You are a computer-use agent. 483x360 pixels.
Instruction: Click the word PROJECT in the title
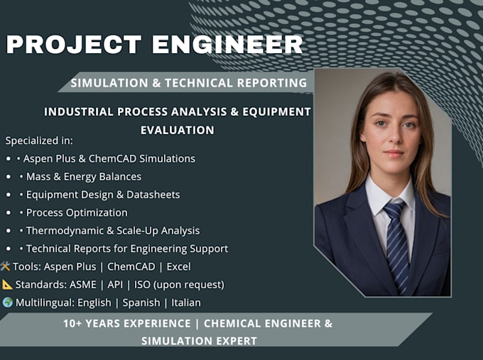74,44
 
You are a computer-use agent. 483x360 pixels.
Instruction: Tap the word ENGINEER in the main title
227,44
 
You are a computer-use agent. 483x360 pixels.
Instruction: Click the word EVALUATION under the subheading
178,130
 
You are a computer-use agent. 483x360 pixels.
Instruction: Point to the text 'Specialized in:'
39,141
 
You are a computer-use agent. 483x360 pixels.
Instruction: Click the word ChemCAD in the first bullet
112,158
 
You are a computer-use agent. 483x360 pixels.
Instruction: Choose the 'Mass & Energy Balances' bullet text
84,177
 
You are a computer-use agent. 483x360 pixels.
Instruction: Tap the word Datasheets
153,195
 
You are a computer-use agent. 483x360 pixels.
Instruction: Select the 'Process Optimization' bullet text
77,213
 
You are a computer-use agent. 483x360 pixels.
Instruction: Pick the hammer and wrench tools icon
5,266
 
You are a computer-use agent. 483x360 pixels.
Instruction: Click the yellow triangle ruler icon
7,285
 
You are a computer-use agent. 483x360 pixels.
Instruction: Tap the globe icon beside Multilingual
7,302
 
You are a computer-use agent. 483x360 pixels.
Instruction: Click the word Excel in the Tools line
179,267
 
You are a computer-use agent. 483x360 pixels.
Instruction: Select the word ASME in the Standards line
83,285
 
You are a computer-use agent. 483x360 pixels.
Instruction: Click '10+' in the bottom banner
72,324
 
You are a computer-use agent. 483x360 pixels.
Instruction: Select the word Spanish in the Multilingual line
141,303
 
